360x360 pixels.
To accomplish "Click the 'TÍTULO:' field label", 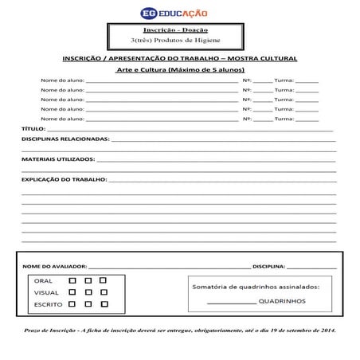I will [x=33, y=128].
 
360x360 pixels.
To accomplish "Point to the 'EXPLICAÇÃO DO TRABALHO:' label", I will [x=64, y=180].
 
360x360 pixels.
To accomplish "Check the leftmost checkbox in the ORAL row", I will [x=72, y=280].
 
